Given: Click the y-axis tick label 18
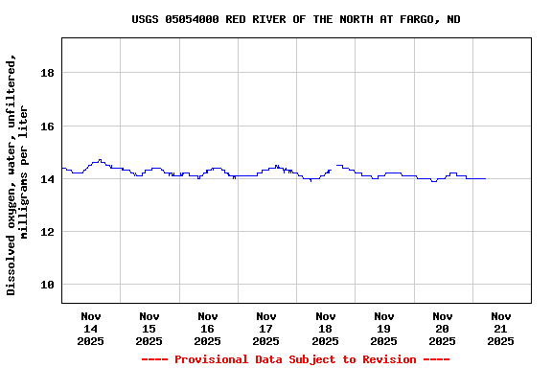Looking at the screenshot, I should click(x=46, y=73).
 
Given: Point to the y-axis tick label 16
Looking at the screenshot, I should click(x=46, y=126).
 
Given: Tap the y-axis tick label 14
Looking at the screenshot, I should click(x=46, y=179).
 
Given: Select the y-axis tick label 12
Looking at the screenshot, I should click(x=46, y=232).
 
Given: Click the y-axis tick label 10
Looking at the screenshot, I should click(x=46, y=285).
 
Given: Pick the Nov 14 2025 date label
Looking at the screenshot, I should click(x=90, y=328).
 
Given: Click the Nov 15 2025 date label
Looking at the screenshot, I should click(x=149, y=328).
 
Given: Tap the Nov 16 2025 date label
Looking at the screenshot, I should click(x=207, y=328).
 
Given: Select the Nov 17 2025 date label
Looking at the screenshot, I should click(x=265, y=328).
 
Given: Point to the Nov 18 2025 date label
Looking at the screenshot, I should click(x=325, y=328).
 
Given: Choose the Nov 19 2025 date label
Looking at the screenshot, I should click(x=383, y=328).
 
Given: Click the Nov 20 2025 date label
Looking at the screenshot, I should click(x=442, y=328).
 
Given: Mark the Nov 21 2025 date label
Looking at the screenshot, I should click(x=500, y=328).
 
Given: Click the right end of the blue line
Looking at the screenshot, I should click(x=485, y=178).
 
